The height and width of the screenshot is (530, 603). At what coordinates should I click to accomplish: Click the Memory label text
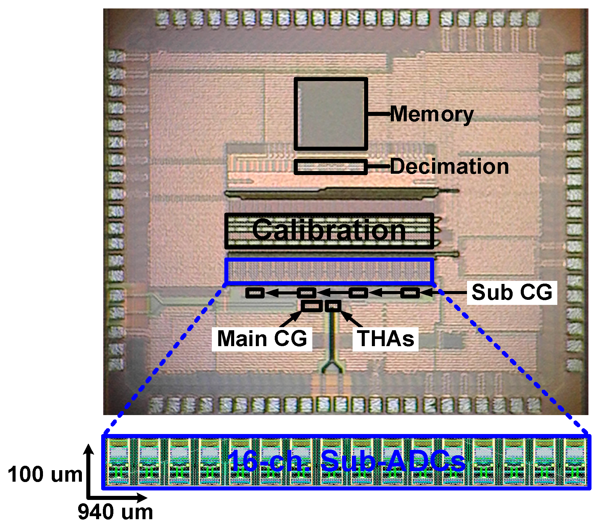pyautogui.click(x=432, y=114)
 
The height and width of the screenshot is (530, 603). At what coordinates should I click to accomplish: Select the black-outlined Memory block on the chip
pyautogui.click(x=331, y=114)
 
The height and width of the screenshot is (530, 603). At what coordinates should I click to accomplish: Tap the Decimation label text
pyautogui.click(x=449, y=166)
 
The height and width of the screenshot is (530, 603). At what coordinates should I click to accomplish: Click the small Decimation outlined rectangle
pyautogui.click(x=331, y=167)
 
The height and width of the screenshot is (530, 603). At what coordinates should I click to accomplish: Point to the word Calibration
pyautogui.click(x=329, y=230)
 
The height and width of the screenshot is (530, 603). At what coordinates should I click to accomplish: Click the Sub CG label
pyautogui.click(x=512, y=292)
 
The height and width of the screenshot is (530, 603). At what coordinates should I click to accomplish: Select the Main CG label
pyautogui.click(x=262, y=339)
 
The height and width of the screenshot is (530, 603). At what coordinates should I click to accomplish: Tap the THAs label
pyautogui.click(x=385, y=339)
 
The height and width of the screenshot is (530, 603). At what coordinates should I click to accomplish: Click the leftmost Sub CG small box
pyautogui.click(x=255, y=293)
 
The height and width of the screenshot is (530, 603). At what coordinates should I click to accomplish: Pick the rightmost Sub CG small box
pyautogui.click(x=410, y=293)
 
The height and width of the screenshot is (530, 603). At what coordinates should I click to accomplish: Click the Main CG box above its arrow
pyautogui.click(x=312, y=306)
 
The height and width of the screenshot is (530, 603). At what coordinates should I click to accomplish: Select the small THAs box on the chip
pyautogui.click(x=333, y=306)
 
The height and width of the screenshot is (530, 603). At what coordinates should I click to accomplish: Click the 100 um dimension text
pyautogui.click(x=45, y=474)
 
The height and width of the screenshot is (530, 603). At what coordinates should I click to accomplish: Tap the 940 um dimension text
pyautogui.click(x=115, y=512)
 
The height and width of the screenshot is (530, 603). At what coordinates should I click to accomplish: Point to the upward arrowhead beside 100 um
pyautogui.click(x=89, y=450)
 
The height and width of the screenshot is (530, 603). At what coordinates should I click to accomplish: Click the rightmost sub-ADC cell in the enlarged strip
pyautogui.click(x=575, y=462)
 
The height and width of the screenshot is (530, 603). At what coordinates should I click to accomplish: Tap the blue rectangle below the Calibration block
pyautogui.click(x=329, y=270)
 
